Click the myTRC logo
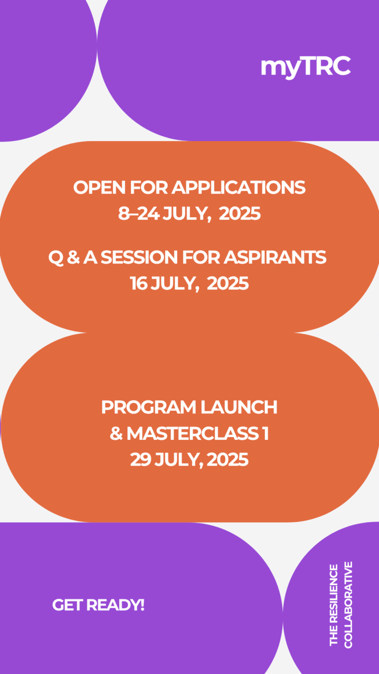coord(305,67)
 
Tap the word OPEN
coord(99,188)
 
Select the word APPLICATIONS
coord(238,188)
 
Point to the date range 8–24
coord(139,214)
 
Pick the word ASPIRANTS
coord(274,258)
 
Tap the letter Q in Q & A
coord(56,258)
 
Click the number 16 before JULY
coord(139,283)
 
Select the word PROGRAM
coord(149,407)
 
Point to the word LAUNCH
coord(239,407)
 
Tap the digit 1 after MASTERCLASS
coord(265,434)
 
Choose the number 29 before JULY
coord(141,460)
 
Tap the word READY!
coord(115,605)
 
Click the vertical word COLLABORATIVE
coord(348,605)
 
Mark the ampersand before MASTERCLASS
coord(116,434)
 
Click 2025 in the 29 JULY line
coord(227,460)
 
